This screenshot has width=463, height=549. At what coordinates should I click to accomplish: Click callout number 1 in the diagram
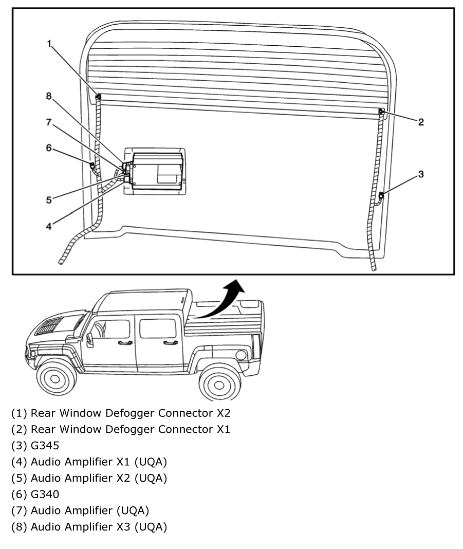(x=50, y=44)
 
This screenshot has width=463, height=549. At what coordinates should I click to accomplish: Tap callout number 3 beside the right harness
(x=420, y=174)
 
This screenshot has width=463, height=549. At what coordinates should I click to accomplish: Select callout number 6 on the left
(x=49, y=148)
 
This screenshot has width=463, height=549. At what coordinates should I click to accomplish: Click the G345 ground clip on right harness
(x=381, y=196)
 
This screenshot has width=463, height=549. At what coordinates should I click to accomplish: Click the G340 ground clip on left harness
(x=92, y=166)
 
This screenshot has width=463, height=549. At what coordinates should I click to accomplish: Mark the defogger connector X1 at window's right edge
(x=381, y=112)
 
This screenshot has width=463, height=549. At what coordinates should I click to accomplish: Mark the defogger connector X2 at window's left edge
(x=98, y=97)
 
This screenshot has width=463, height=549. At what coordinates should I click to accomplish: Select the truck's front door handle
(x=124, y=342)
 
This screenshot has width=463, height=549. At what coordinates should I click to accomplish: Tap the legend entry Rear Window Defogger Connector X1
(x=121, y=429)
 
